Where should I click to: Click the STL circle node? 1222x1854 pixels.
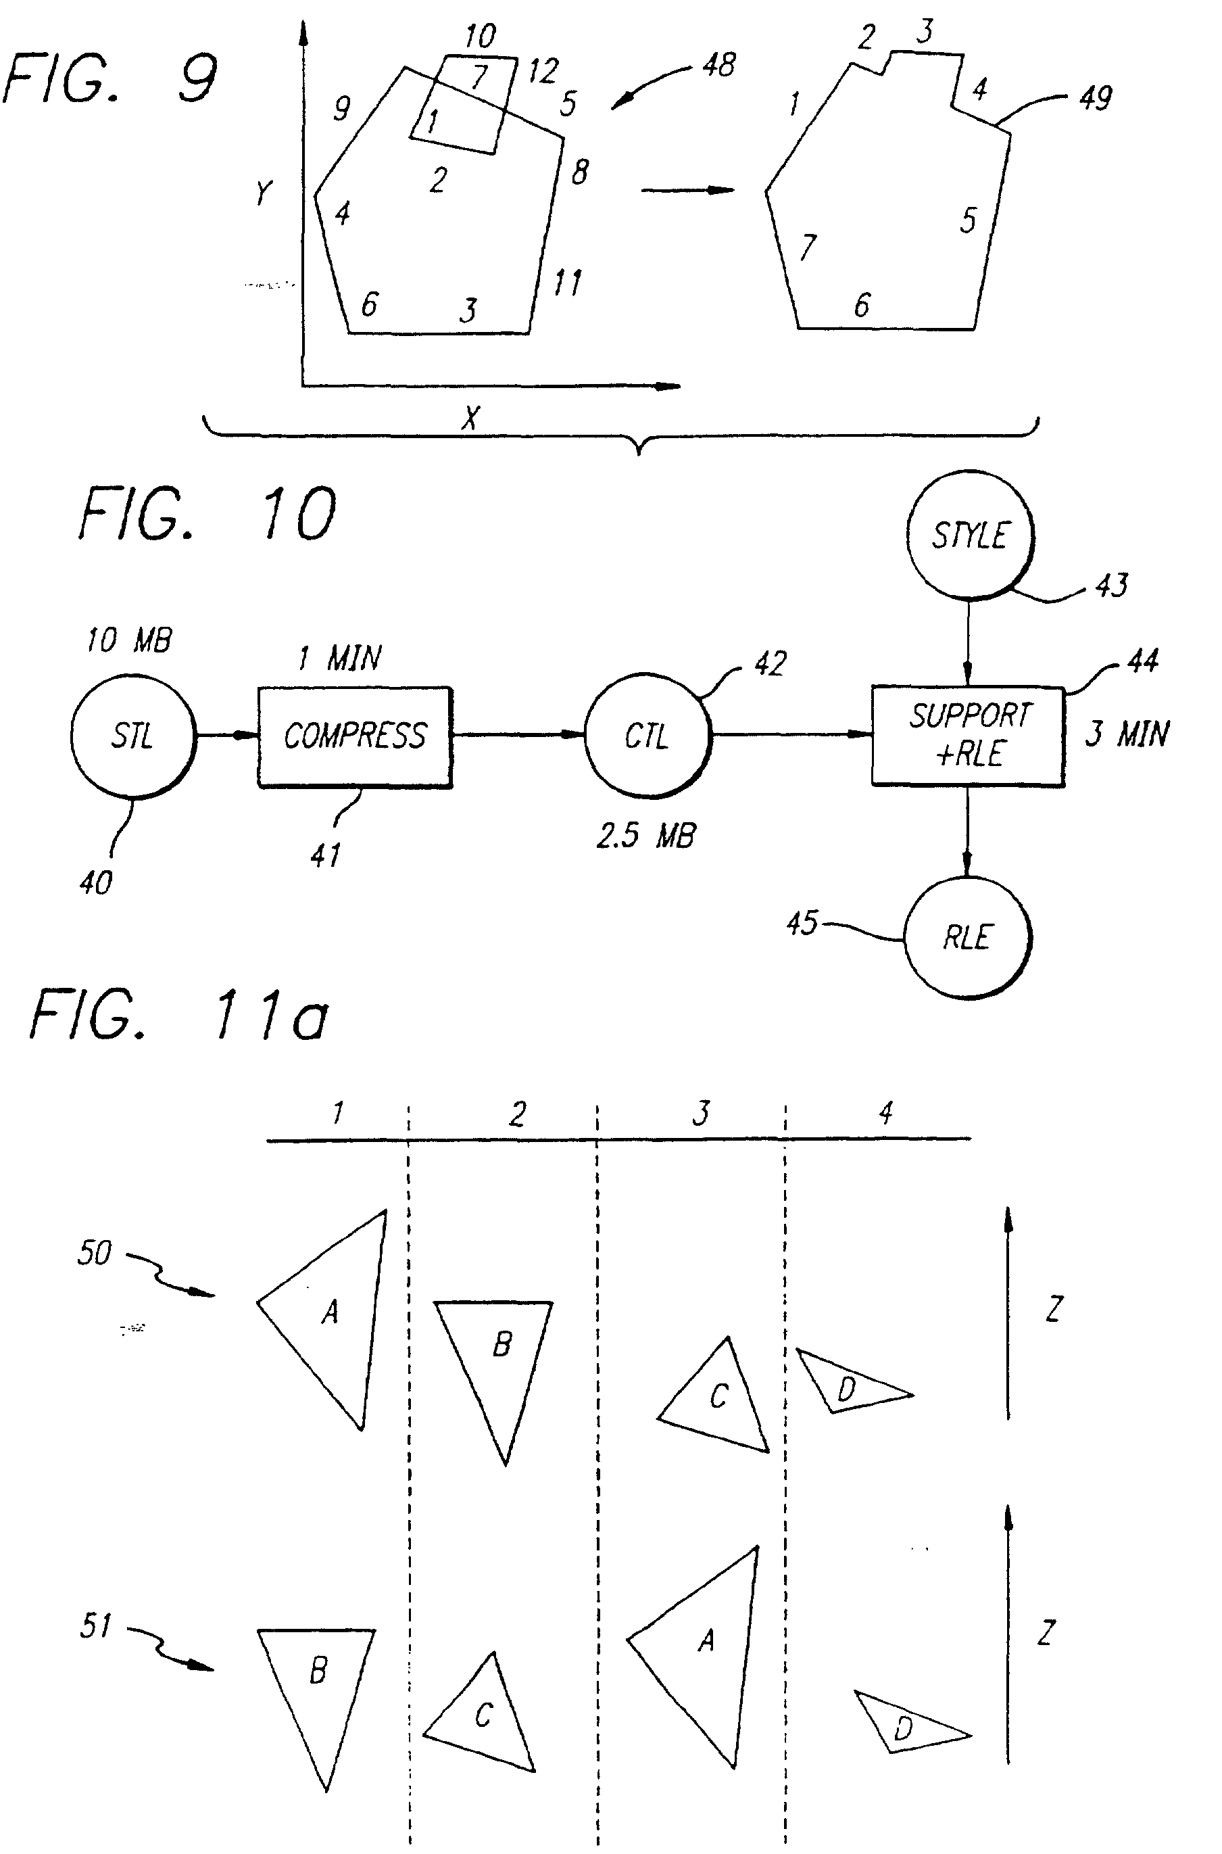[x=132, y=735]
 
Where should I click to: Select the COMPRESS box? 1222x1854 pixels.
[x=355, y=737]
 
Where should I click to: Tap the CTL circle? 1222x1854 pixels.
[x=647, y=735]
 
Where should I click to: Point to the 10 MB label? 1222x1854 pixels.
[x=128, y=640]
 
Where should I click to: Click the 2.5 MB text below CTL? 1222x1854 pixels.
[x=646, y=836]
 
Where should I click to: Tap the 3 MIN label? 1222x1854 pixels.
[x=1127, y=734]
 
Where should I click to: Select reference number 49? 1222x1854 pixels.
[x=1095, y=98]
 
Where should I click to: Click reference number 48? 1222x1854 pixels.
[x=718, y=65]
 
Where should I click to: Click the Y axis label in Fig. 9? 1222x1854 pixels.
[x=264, y=192]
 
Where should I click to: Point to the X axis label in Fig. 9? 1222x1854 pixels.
[x=469, y=418]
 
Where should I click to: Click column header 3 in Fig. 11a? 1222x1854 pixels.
[x=701, y=1112]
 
